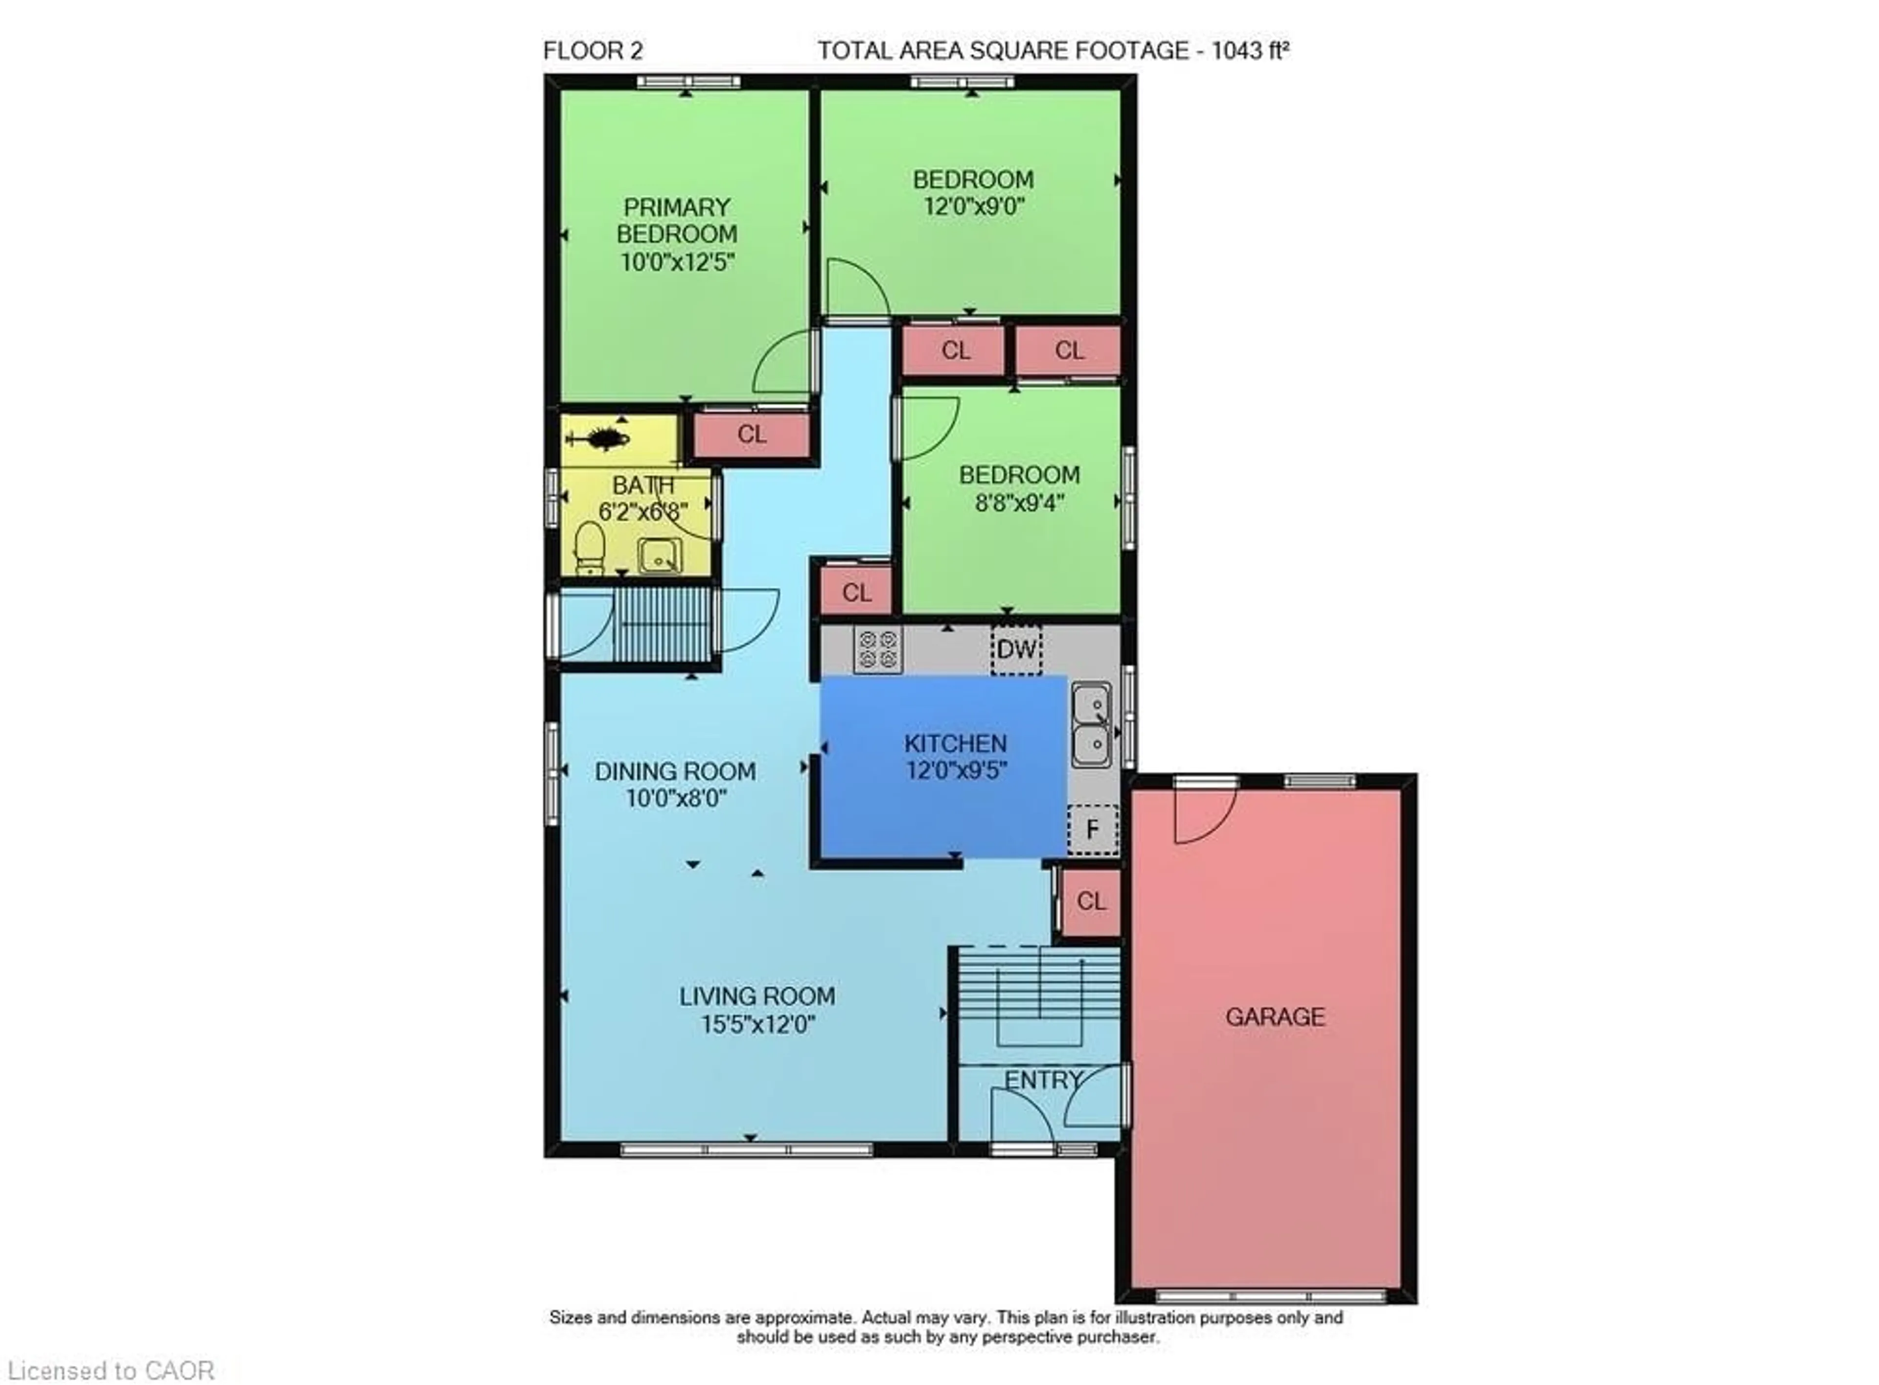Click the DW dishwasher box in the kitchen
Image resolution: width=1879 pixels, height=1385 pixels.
(x=1016, y=649)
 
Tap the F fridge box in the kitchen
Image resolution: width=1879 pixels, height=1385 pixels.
(x=1092, y=829)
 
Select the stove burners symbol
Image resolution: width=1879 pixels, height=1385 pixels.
(x=877, y=650)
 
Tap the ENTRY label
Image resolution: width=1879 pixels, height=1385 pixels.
(x=1043, y=1080)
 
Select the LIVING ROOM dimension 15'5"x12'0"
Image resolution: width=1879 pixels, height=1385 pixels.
(x=757, y=1024)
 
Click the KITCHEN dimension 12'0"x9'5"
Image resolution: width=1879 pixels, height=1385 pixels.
(x=956, y=770)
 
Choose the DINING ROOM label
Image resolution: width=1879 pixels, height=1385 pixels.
(x=675, y=771)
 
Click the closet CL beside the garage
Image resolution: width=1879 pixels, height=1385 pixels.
(x=1090, y=901)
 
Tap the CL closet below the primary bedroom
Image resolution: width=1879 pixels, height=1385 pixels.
(x=751, y=434)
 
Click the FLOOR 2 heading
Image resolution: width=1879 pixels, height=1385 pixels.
(x=593, y=51)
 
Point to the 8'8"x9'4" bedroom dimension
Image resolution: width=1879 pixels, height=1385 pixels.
(x=1019, y=503)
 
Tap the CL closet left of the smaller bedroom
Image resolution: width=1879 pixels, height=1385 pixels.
(x=856, y=593)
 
